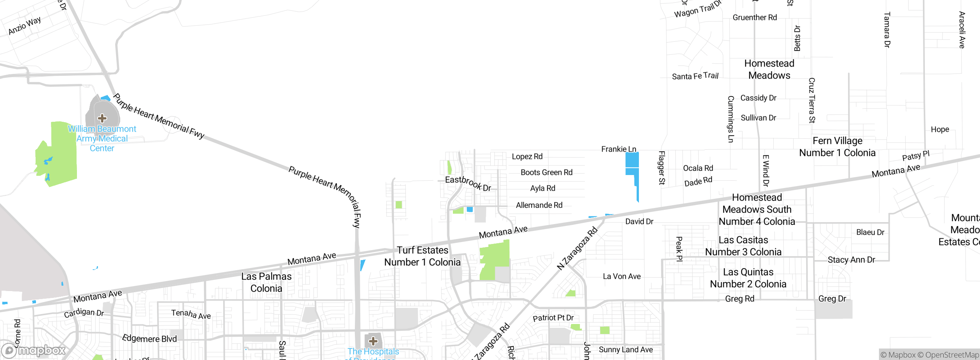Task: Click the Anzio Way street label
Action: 24,25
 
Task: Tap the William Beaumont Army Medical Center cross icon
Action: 102,118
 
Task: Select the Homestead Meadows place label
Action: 769,69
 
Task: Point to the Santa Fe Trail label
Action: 695,76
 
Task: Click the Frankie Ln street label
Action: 618,149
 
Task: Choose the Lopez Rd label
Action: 527,156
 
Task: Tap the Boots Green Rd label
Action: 546,172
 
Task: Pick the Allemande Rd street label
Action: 539,205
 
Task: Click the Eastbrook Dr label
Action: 468,183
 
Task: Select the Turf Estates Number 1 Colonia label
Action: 422,256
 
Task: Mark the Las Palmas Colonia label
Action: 266,282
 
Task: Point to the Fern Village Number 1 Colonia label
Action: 837,147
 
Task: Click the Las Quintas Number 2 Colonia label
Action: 748,278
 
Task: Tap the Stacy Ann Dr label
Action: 851,260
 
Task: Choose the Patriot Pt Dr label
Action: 553,318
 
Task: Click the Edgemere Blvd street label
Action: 149,339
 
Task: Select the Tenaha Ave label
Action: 191,314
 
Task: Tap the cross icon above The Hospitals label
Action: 373,341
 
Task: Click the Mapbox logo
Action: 34,350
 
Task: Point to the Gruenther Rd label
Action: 755,18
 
